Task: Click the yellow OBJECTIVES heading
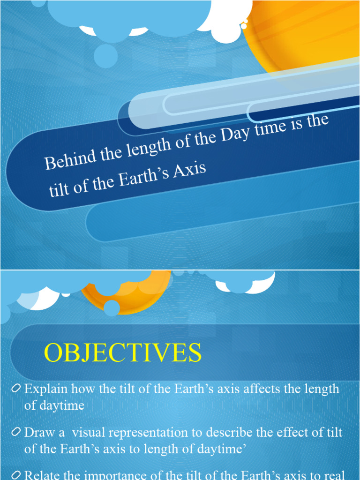(123, 353)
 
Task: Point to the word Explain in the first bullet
(45, 389)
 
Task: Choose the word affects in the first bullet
(242, 389)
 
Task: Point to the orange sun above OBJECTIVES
(136, 295)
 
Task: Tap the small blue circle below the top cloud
(105, 56)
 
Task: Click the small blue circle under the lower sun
(112, 308)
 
